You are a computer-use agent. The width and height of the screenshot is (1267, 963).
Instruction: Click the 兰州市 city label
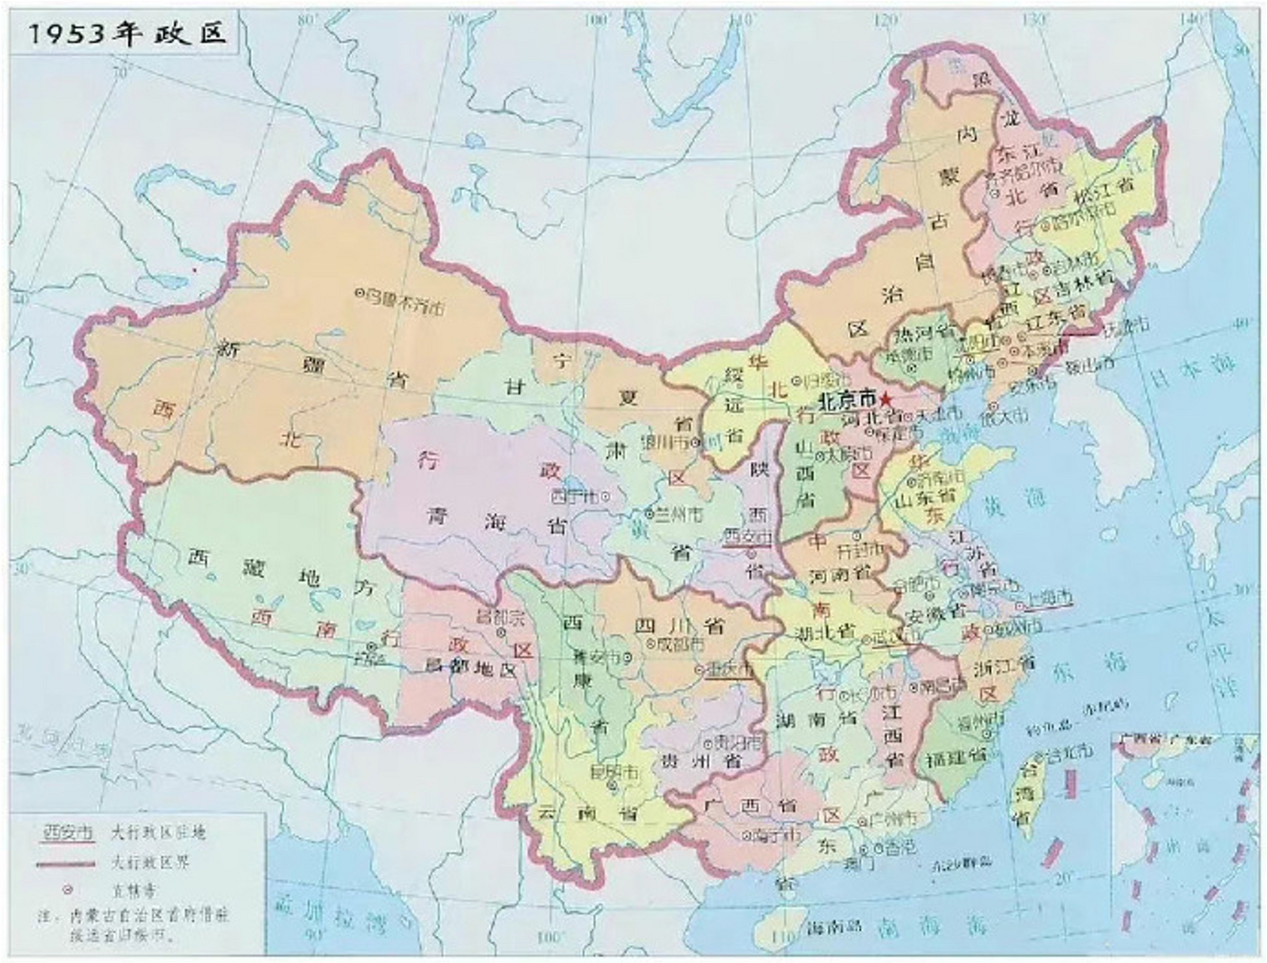pyautogui.click(x=679, y=514)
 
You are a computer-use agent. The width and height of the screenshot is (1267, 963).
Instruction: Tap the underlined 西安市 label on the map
pyautogui.click(x=746, y=536)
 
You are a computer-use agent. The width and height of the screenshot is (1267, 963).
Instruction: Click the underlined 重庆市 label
pyautogui.click(x=728, y=670)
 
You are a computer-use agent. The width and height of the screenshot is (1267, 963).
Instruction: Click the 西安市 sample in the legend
pyautogui.click(x=68, y=833)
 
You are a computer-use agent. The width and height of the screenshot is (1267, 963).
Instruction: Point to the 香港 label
pyautogui.click(x=900, y=846)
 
